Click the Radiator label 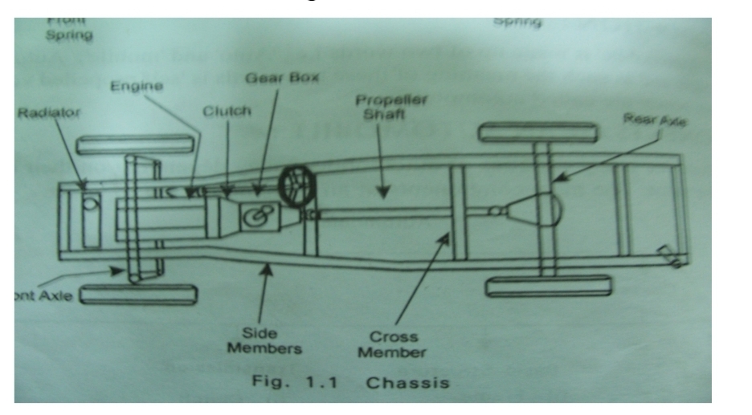[x=48, y=113]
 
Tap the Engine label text [x=127, y=86]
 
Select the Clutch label [x=227, y=111]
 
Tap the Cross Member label [x=393, y=344]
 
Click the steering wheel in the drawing [x=295, y=185]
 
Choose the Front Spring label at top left [x=69, y=29]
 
